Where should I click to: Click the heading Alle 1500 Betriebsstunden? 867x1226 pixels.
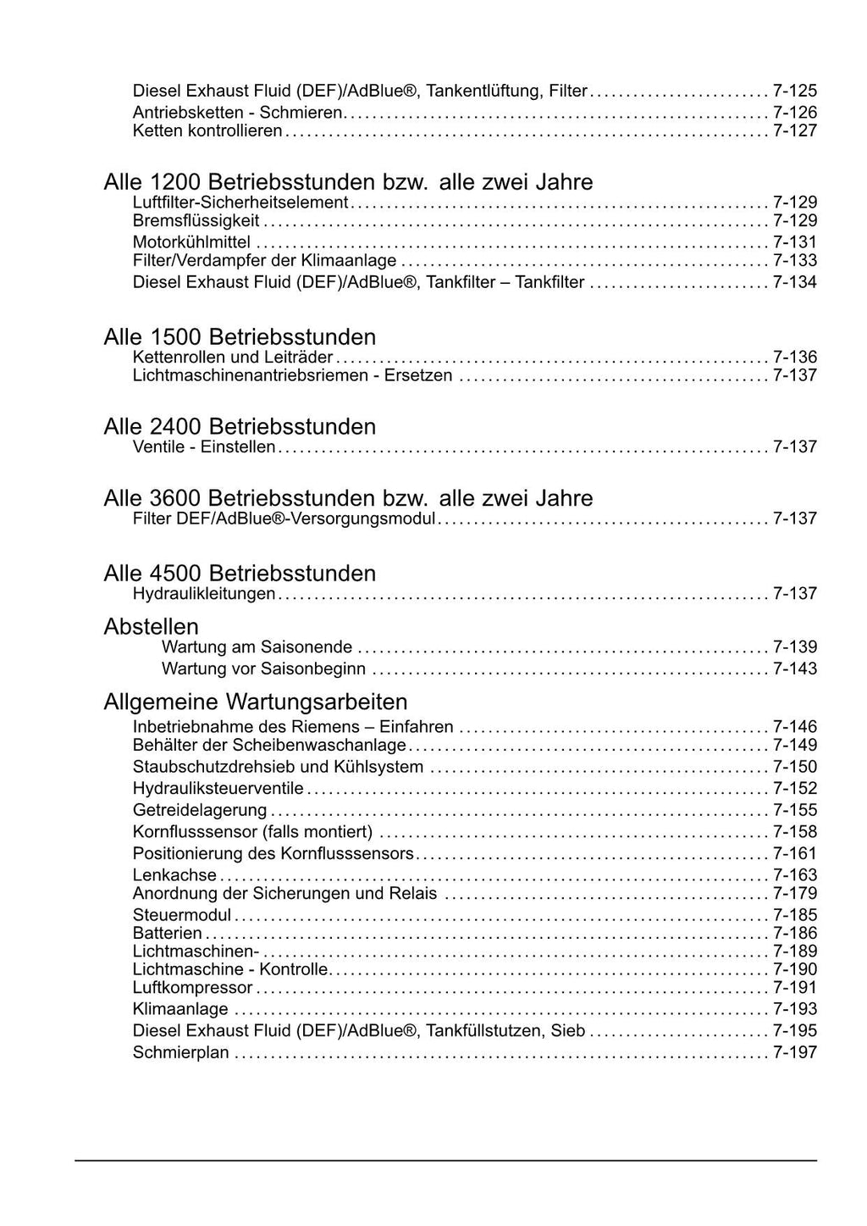coord(240,336)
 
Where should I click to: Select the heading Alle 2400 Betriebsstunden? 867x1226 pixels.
coord(240,426)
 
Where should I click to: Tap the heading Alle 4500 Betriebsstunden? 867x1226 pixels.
coord(240,574)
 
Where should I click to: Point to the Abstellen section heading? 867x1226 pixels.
coord(152,627)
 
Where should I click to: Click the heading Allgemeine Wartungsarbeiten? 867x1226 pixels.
coord(256,702)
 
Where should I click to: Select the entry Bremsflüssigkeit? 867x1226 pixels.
coord(196,221)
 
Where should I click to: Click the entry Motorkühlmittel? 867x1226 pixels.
coord(192,242)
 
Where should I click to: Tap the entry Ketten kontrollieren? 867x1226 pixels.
coord(207,131)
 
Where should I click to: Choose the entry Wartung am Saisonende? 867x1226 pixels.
coord(257,647)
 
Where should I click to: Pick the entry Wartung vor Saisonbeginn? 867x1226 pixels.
coord(264,669)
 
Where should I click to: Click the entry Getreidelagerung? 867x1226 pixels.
coord(200,810)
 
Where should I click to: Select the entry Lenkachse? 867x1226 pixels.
coord(175,875)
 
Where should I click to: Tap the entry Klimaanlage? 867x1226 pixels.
coord(180,1009)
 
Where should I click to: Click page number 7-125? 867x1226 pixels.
coord(795,91)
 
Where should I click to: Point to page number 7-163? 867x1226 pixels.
coord(795,875)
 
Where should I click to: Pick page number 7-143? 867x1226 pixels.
coord(795,669)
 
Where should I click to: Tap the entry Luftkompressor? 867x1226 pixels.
coord(193,988)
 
